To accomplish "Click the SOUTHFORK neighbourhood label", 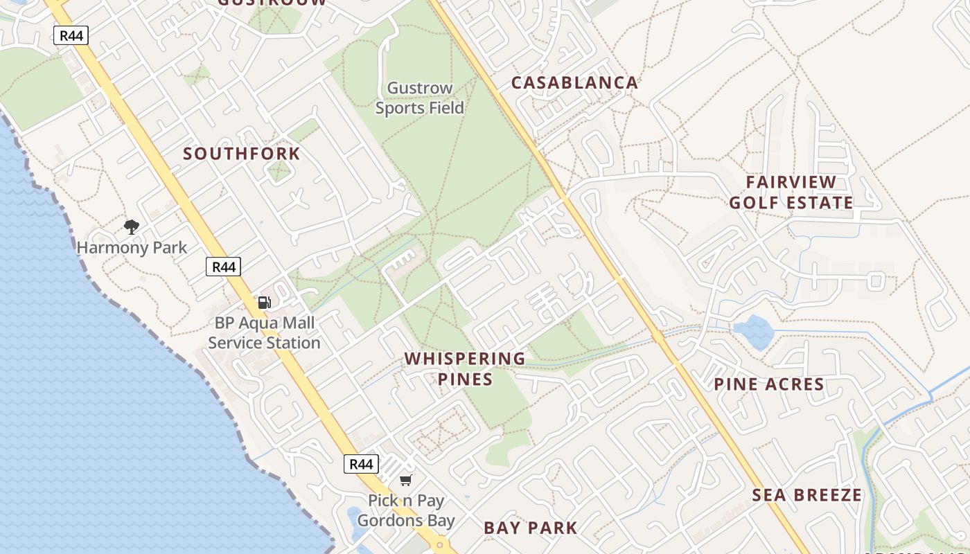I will [x=242, y=154].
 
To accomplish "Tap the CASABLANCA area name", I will [x=574, y=83].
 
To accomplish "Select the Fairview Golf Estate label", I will [x=791, y=193].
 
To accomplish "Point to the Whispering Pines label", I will [x=465, y=368].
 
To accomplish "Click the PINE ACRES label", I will [x=769, y=384].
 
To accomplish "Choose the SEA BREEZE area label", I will [x=807, y=495].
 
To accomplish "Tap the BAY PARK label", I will [x=531, y=528].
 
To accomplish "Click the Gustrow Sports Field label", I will [x=420, y=98].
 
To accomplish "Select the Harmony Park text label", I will [x=132, y=247].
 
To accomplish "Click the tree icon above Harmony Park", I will [x=132, y=226].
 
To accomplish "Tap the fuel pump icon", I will [x=264, y=302].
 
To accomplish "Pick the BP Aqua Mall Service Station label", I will [x=264, y=333].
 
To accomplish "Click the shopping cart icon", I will [x=406, y=480].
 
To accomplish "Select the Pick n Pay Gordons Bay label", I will [x=406, y=510].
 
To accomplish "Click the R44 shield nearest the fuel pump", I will [x=223, y=267].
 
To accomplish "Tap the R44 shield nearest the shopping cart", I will [x=361, y=464].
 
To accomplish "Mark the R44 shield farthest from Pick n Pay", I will [x=71, y=35].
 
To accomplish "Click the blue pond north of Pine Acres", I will [x=754, y=331].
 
